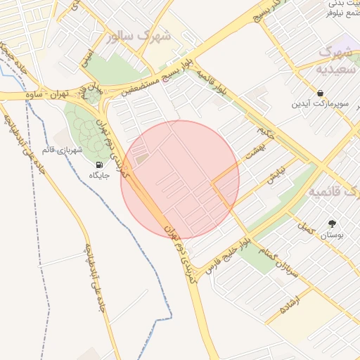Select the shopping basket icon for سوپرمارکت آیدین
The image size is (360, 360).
point(320,93)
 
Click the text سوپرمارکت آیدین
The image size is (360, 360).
point(320,104)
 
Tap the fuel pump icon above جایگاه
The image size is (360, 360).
point(98,166)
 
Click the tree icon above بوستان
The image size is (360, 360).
point(332,224)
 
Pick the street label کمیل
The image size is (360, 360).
point(304,226)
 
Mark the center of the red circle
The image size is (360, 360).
point(180,179)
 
